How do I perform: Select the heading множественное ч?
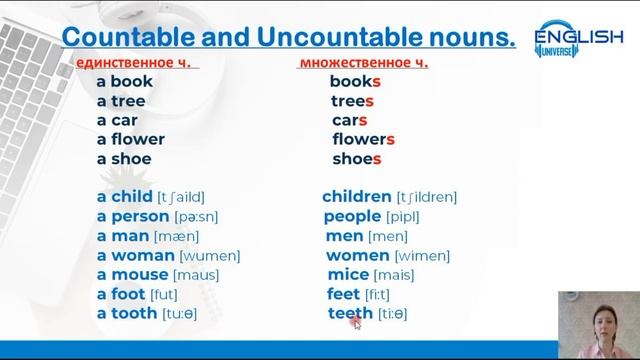click(x=363, y=64)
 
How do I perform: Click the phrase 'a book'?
click(x=125, y=82)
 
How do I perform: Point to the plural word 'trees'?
click(x=352, y=101)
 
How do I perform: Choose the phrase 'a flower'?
click(x=131, y=139)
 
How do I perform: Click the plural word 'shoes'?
click(x=357, y=159)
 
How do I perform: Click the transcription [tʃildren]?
click(x=427, y=198)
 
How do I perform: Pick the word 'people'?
click(x=353, y=216)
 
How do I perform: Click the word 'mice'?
click(x=347, y=274)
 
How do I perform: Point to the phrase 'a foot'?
click(x=121, y=294)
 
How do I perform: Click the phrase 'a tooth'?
click(x=127, y=313)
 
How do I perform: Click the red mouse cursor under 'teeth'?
click(x=357, y=323)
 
